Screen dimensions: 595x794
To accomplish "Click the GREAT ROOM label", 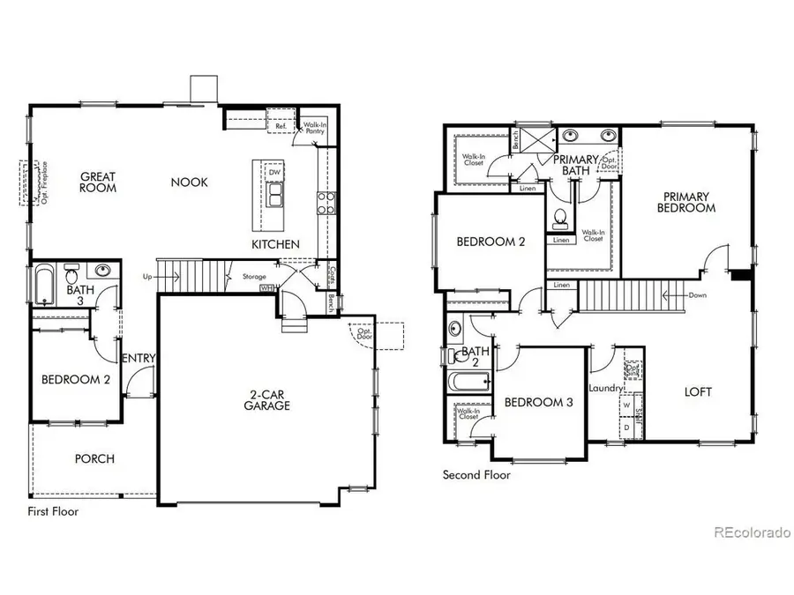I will point(99,182).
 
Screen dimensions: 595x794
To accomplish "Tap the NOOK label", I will point(190,182).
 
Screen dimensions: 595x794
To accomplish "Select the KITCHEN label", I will point(275,244).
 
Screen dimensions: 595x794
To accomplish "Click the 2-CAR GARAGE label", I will point(267,400).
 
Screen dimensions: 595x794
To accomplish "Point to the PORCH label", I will point(94,458).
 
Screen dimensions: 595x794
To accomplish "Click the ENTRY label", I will point(138,357).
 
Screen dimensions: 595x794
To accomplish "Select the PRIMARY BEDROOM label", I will point(685,202).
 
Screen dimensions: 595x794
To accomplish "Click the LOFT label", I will point(698,391).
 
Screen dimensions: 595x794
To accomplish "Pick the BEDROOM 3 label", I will point(538,403).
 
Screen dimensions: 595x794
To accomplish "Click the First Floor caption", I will point(53,511).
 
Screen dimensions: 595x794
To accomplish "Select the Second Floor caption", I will point(476,475).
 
